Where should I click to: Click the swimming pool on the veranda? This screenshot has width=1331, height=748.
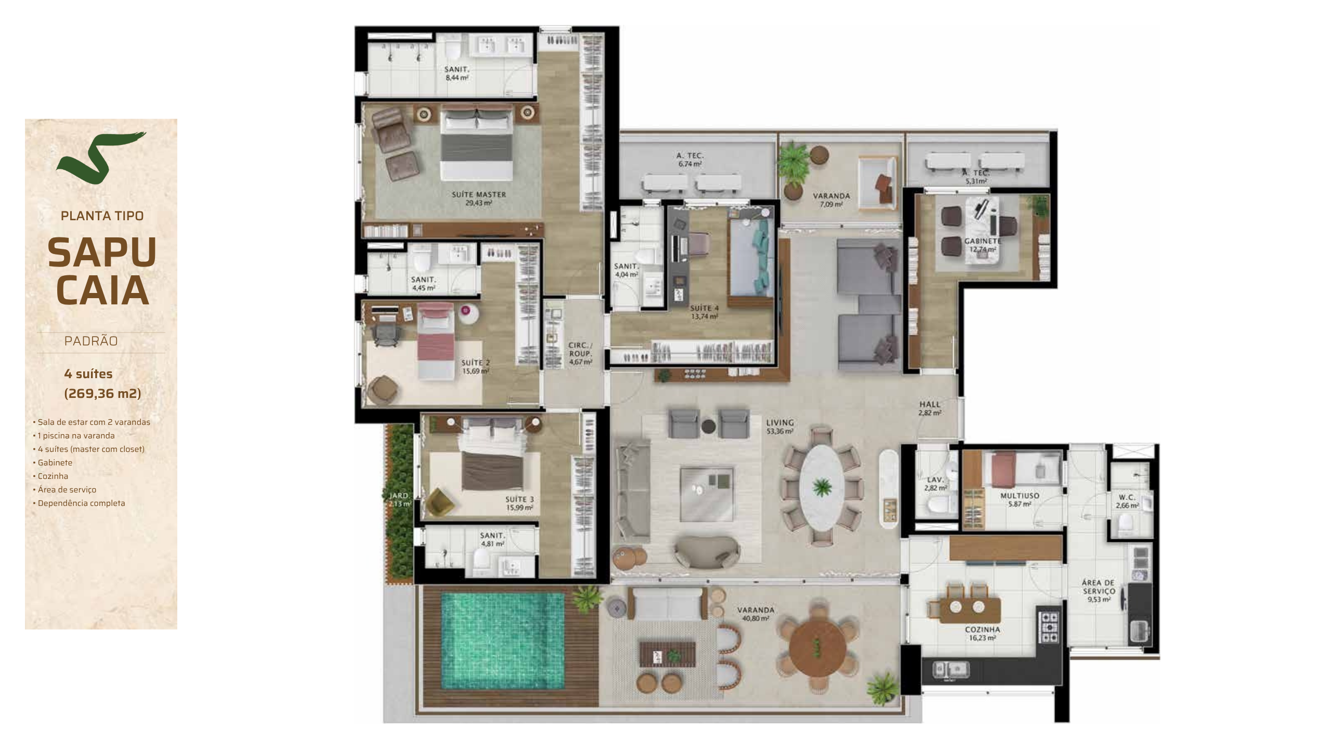pyautogui.click(x=503, y=642)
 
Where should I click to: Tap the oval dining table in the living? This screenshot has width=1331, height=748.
pyautogui.click(x=822, y=487)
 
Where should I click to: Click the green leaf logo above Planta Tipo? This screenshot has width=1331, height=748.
pyautogui.click(x=101, y=158)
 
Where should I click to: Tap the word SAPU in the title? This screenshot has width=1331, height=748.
pyautogui.click(x=102, y=252)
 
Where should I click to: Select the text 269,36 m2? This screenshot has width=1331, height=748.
pyautogui.click(x=102, y=393)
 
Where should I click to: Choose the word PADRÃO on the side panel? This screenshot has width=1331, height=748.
pyautogui.click(x=91, y=341)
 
